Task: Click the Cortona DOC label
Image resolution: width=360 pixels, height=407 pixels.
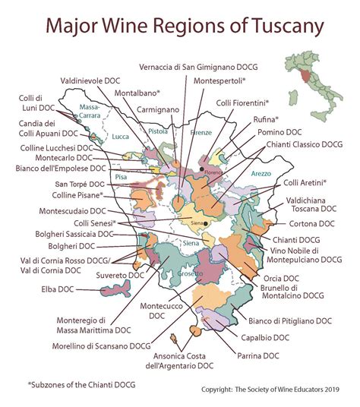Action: (309, 224)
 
